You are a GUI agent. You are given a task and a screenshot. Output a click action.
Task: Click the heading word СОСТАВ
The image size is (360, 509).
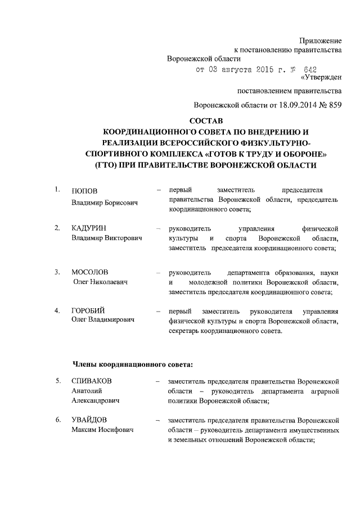[206, 121]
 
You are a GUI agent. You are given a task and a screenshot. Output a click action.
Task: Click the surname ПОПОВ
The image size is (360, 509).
[84, 191]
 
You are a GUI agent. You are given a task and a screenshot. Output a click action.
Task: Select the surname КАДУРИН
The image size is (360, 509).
[90, 228]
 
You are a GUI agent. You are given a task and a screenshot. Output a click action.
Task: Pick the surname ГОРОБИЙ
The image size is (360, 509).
[88, 311]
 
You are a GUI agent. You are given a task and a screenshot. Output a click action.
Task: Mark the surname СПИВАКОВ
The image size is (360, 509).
[92, 381]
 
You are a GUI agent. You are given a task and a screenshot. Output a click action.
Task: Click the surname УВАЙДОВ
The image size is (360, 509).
[89, 420]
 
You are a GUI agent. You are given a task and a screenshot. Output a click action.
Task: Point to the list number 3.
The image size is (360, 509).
[57, 272]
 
